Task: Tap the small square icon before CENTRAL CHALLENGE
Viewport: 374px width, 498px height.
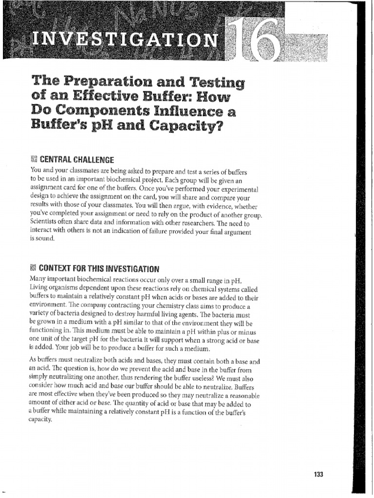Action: (33, 160)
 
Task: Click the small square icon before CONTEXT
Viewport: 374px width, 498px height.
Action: (33, 268)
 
